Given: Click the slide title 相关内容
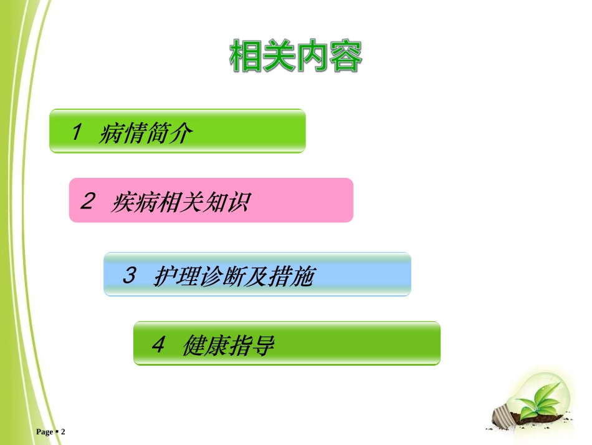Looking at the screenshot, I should click(x=296, y=57).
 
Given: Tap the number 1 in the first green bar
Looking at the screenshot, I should click(x=77, y=132).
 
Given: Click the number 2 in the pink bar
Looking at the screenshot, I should click(x=88, y=201).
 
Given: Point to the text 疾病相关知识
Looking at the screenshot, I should click(x=180, y=202).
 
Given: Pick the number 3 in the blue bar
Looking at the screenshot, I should click(x=129, y=275).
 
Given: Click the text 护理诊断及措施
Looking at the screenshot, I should click(x=232, y=276).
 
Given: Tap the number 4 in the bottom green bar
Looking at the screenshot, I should click(x=158, y=344).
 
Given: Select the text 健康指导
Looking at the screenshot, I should click(x=228, y=345).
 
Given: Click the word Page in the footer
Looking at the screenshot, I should click(x=45, y=432).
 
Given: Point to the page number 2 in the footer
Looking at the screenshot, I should click(x=63, y=432).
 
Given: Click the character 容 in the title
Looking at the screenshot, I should click(x=346, y=57).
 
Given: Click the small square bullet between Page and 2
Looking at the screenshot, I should click(x=56, y=432).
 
